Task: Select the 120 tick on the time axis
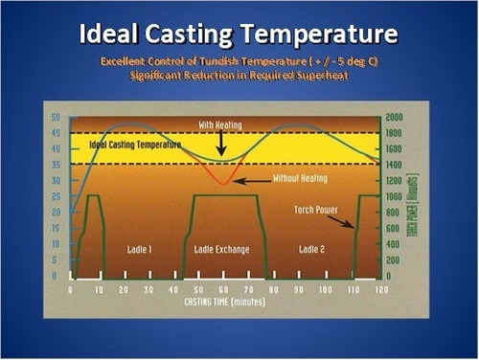coord(381,287)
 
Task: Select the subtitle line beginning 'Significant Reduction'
coord(239,75)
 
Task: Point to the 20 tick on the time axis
coord(122,287)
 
